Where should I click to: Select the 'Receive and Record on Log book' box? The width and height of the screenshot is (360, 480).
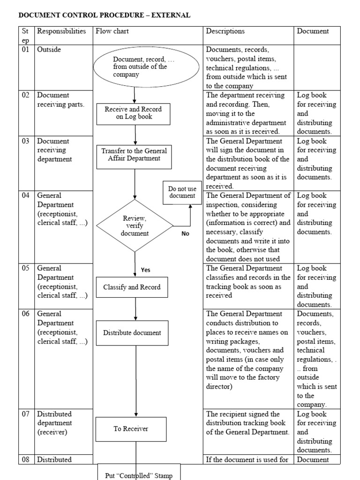pyautogui.click(x=133, y=113)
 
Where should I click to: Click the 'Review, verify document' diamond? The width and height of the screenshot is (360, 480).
pyautogui.click(x=135, y=226)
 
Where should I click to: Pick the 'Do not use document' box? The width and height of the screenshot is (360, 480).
pyautogui.click(x=182, y=192)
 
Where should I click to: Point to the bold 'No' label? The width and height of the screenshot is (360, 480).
pyautogui.click(x=185, y=234)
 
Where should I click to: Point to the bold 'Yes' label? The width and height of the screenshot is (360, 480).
pyautogui.click(x=146, y=270)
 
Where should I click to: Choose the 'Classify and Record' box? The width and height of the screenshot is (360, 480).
pyautogui.click(x=132, y=287)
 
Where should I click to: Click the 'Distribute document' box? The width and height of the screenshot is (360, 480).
pyautogui.click(x=132, y=333)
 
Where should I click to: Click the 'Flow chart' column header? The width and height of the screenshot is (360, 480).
pyautogui.click(x=112, y=31)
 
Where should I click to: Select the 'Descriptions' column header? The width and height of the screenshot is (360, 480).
pyautogui.click(x=225, y=31)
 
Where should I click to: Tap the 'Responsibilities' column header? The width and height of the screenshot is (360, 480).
pyautogui.click(x=61, y=31)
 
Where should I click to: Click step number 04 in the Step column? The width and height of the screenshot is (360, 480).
pyautogui.click(x=25, y=195)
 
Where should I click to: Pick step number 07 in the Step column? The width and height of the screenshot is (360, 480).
pyautogui.click(x=25, y=414)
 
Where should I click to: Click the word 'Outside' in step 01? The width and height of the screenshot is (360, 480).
pyautogui.click(x=49, y=49)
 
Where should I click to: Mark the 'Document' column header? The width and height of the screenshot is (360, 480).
pyautogui.click(x=313, y=31)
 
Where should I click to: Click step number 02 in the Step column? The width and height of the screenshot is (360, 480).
pyautogui.click(x=25, y=95)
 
